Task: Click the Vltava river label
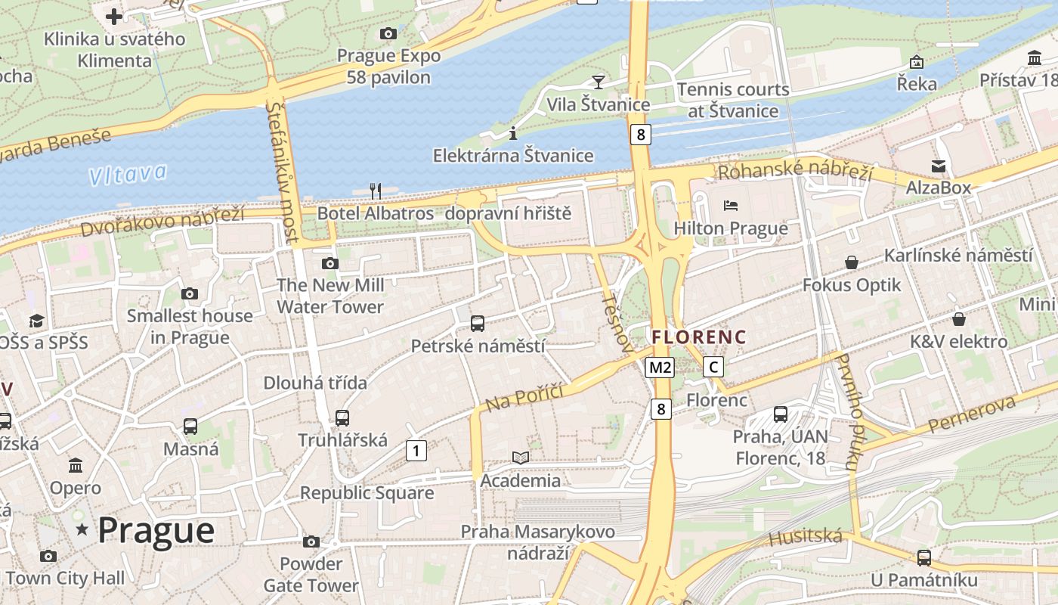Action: point(127,175)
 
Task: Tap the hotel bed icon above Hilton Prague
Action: point(730,205)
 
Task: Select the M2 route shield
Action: point(660,368)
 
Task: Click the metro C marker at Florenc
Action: point(713,368)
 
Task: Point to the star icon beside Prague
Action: point(82,530)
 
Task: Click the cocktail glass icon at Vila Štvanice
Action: point(599,82)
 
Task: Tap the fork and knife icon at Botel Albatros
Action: point(375,191)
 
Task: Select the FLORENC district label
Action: point(699,337)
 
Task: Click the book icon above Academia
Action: point(521,458)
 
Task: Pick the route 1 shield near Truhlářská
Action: point(416,451)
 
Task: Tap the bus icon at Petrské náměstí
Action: point(478,324)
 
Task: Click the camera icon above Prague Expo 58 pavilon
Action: point(388,33)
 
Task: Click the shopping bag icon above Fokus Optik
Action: point(852,262)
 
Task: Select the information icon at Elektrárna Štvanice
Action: point(513,133)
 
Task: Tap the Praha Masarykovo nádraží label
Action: point(538,542)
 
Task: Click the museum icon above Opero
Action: point(75,465)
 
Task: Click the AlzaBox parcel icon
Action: point(939,166)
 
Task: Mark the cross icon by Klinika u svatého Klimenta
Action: point(114,16)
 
